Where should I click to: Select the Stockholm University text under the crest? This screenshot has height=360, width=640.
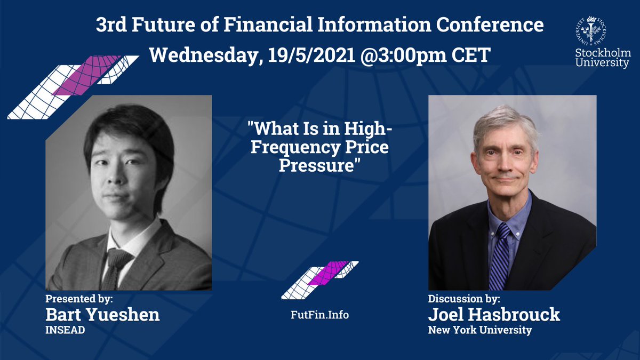[x=602, y=58]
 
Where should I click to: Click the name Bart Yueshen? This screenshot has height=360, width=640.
[x=102, y=314]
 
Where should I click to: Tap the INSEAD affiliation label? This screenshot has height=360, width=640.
[x=66, y=331]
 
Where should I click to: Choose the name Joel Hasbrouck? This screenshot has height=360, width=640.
[x=494, y=314]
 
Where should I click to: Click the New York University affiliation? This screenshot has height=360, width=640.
[x=479, y=331]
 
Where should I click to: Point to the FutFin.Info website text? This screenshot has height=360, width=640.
[x=319, y=315]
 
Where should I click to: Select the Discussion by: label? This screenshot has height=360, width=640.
[x=464, y=298]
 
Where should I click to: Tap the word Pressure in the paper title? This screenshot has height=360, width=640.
[x=317, y=165]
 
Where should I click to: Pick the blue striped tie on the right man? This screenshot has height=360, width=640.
[x=500, y=256]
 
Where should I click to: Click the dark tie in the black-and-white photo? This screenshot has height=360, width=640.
[x=116, y=267]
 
